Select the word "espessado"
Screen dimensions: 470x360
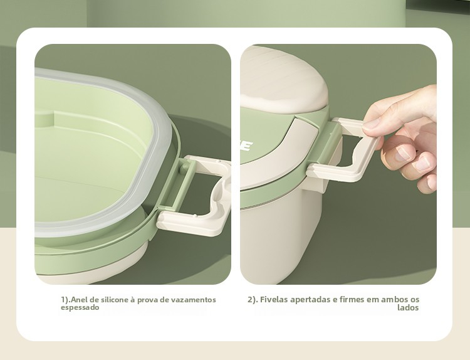[x=80, y=308]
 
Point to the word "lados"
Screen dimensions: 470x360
[x=408, y=308]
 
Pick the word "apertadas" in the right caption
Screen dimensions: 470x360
[x=310, y=300]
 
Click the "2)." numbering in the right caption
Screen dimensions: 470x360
[x=253, y=300]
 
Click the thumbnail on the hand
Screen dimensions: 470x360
[x=371, y=124]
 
